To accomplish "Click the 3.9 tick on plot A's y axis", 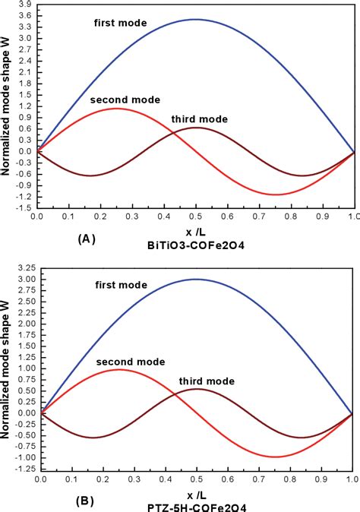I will pos(25,4).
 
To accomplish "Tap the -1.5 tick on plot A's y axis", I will pos(24,206).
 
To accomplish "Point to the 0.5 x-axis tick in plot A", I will pos(196,216).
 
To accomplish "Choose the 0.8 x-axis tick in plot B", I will pos(290,480).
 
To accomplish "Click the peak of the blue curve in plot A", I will pos(196,20).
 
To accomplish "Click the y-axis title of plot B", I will pos(8,365).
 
